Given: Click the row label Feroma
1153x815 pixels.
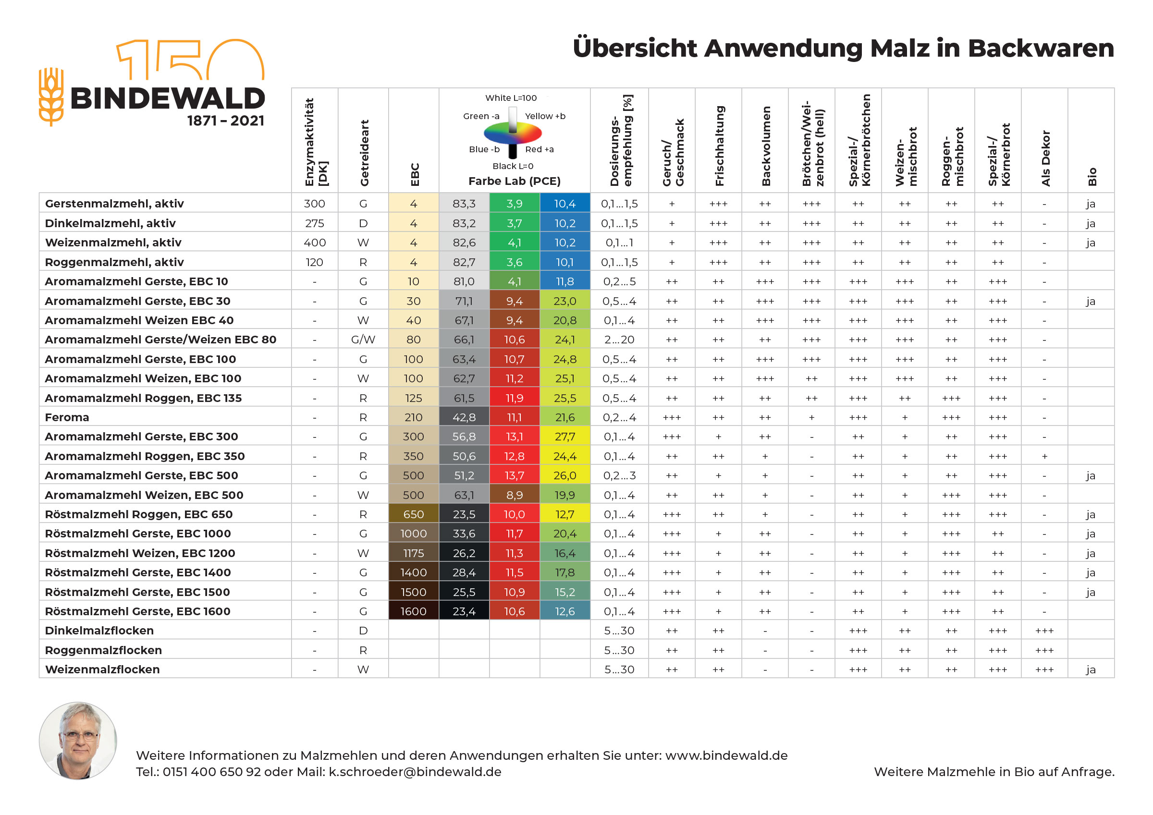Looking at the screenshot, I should click(x=67, y=417).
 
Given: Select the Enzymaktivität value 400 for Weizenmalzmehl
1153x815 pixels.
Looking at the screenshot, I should click(x=314, y=243).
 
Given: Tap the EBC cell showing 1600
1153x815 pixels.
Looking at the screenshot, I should click(x=413, y=611).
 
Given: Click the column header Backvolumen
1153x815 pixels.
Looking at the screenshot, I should click(x=765, y=146).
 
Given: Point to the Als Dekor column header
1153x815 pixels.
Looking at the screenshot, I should click(x=1045, y=158).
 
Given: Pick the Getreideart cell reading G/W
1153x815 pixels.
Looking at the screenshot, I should click(x=363, y=340).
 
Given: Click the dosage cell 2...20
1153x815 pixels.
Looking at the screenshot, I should click(x=619, y=340).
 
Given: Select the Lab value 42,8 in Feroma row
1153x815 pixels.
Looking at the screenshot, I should click(x=464, y=417).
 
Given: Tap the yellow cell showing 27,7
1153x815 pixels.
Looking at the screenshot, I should click(x=564, y=437).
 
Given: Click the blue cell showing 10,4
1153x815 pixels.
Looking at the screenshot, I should click(x=564, y=203).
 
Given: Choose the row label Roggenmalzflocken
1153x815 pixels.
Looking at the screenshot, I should click(x=103, y=650).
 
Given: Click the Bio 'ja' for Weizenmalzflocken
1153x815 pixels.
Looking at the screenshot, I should click(x=1090, y=669).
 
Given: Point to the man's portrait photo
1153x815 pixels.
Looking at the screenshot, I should click(x=78, y=740).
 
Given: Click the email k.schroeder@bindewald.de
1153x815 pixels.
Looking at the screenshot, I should click(x=415, y=772).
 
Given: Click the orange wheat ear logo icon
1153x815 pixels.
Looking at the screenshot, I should click(x=51, y=97).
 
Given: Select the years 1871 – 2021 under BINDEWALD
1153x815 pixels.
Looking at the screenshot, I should click(x=225, y=121).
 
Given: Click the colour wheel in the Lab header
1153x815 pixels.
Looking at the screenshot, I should click(x=512, y=133).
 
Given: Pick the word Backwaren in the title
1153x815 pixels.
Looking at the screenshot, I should click(x=1041, y=48).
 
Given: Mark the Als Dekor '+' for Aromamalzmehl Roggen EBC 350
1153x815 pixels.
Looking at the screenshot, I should click(x=1044, y=456).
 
